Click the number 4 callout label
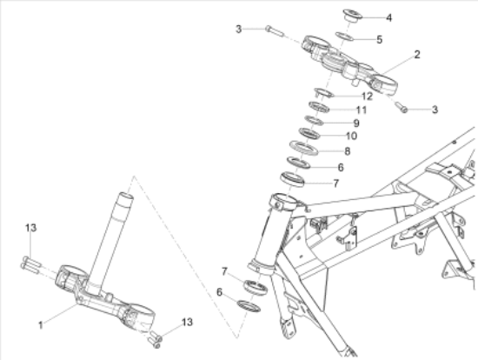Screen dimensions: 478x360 [x=388, y=17]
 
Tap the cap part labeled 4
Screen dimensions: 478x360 [x=352, y=15]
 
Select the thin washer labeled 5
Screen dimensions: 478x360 [x=344, y=37]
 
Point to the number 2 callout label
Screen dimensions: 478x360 [x=417, y=54]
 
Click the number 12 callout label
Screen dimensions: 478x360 [x=368, y=97]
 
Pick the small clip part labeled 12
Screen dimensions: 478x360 [x=324, y=93]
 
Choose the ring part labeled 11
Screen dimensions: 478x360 [x=319, y=107]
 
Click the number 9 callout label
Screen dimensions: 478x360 [x=356, y=123]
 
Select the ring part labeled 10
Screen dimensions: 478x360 [x=309, y=133]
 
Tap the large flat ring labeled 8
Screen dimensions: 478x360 [x=303, y=148]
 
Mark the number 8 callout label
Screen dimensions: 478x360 [x=347, y=151]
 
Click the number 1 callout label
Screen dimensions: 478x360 [x=41, y=325]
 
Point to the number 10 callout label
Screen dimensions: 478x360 [x=351, y=136]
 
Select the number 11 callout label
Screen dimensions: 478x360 [x=362, y=110]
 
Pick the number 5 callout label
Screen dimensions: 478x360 [x=379, y=39]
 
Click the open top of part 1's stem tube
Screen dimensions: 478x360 [x=126, y=196]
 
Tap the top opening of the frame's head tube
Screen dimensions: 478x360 [x=284, y=201]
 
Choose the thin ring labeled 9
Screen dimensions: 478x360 [x=314, y=120]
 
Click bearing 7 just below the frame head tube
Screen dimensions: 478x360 [x=256, y=287]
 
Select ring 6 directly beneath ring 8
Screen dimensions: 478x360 [x=298, y=163]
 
